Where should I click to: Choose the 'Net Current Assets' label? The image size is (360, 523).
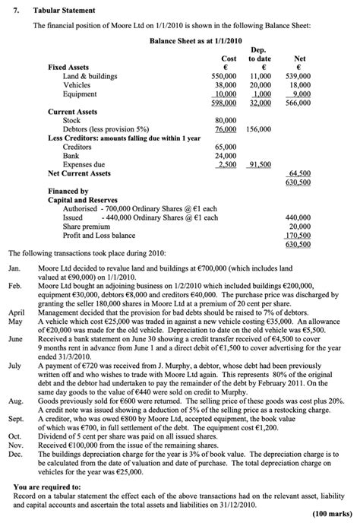tap(80, 173)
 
